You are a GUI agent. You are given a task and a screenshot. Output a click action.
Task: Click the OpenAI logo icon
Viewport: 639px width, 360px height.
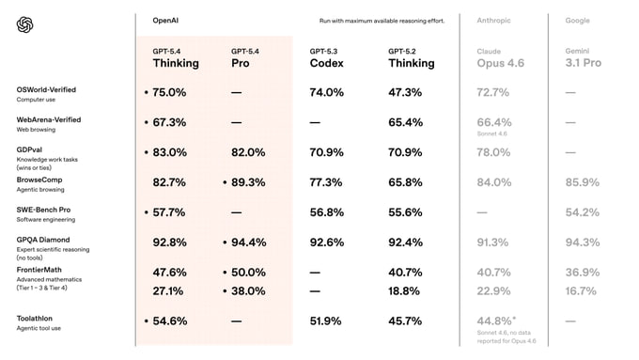25,24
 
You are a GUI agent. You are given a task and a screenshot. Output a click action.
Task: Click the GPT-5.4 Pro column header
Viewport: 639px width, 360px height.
252,58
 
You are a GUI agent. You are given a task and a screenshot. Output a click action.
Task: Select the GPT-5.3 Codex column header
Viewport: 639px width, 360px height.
327,58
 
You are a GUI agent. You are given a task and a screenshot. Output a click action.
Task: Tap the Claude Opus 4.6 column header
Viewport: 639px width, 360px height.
494,58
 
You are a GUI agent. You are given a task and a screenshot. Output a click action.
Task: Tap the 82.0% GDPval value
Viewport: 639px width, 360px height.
249,152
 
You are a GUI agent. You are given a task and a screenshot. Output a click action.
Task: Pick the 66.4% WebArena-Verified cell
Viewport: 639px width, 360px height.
494,122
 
